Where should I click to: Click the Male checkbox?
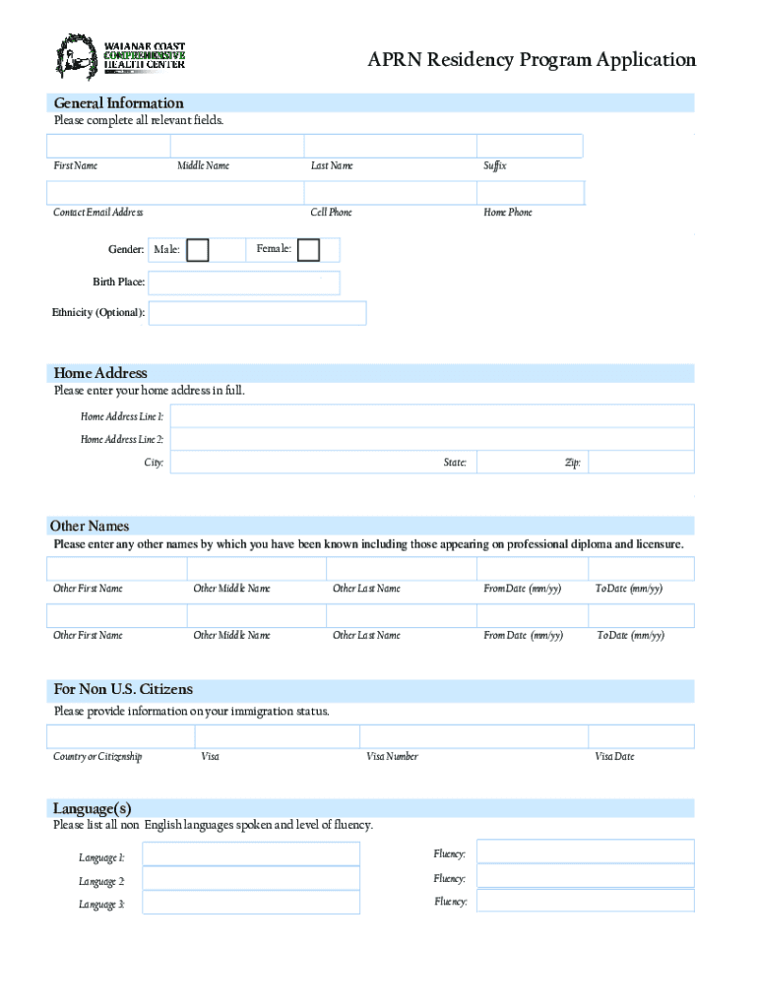click(198, 250)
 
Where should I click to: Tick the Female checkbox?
click(308, 250)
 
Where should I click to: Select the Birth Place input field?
click(244, 283)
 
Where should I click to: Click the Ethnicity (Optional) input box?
click(257, 313)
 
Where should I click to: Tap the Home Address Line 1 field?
click(431, 416)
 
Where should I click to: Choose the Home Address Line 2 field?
click(431, 439)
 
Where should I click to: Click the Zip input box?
click(641, 463)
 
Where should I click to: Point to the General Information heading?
click(118, 103)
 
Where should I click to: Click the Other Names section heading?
click(92, 526)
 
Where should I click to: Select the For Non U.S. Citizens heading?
click(123, 689)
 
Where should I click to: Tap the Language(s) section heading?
click(93, 808)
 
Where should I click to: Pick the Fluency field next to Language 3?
click(585, 901)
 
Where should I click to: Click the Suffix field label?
click(494, 166)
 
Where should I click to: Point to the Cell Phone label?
click(331, 213)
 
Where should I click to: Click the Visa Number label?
click(392, 757)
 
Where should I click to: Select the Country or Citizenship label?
click(97, 757)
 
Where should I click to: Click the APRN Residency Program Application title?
click(532, 60)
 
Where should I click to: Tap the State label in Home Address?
click(455, 463)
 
